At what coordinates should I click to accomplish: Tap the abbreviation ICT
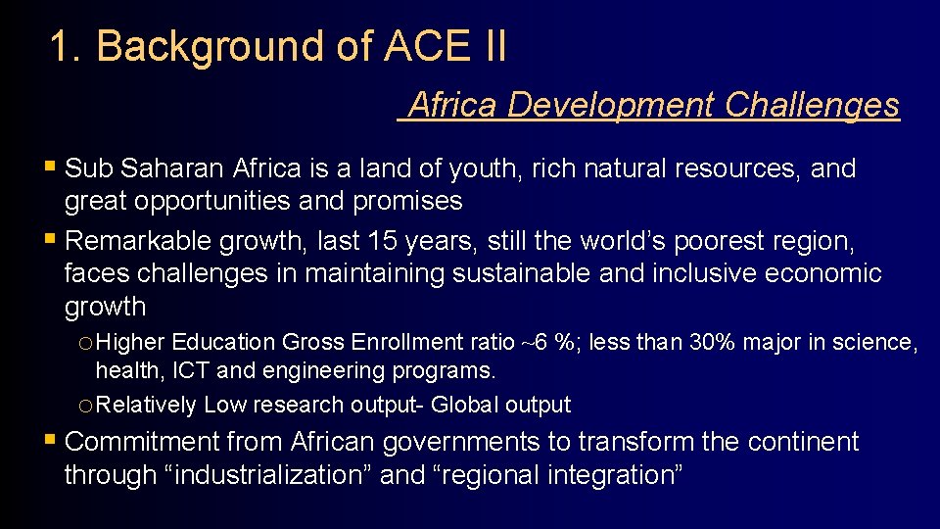pyautogui.click(x=190, y=370)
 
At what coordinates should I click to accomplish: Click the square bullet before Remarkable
pyautogui.click(x=51, y=240)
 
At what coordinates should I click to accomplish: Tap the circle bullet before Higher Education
pyautogui.click(x=85, y=343)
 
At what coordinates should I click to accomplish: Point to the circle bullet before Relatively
pyautogui.click(x=85, y=405)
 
